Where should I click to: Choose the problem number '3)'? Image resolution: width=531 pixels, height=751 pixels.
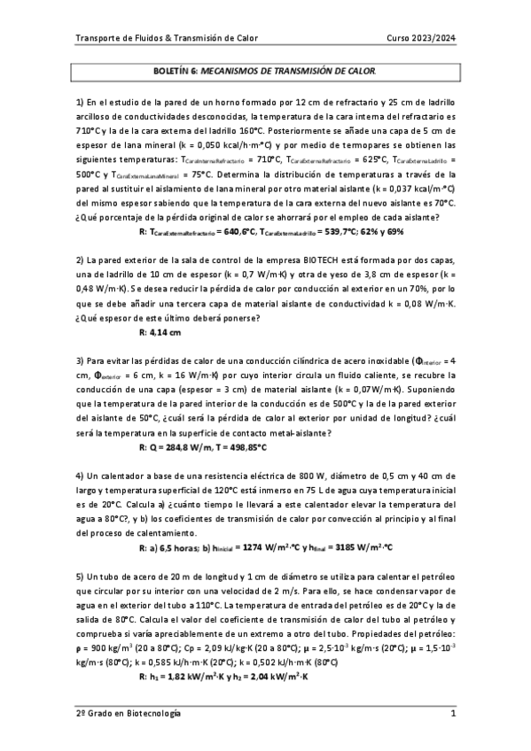tap(80, 361)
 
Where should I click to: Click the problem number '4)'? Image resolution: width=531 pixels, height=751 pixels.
tap(80, 477)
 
